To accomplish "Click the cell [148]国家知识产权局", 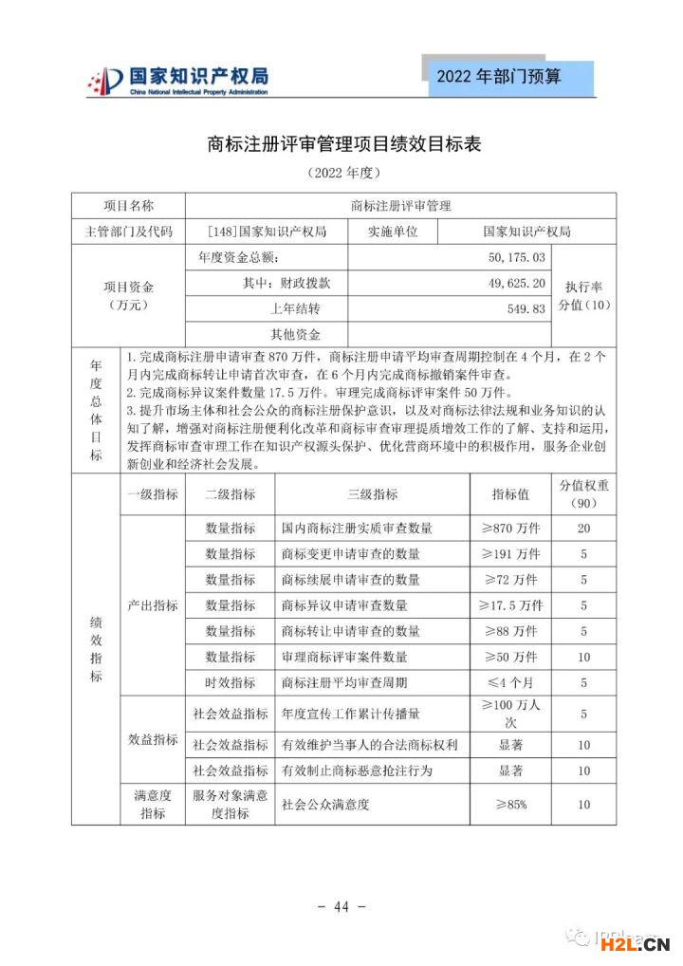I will tap(267, 231).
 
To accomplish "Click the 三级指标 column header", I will tap(372, 494).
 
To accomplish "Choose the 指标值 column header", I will tap(509, 494).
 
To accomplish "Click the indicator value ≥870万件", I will tap(509, 529).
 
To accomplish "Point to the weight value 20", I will tap(583, 529).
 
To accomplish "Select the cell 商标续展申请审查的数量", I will tap(350, 580).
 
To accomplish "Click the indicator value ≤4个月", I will tap(509, 682).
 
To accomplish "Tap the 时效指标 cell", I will tap(230, 682).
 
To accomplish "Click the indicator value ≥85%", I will tap(509, 805).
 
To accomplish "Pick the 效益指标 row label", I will tap(152, 739).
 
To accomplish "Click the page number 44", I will tap(341, 907).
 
